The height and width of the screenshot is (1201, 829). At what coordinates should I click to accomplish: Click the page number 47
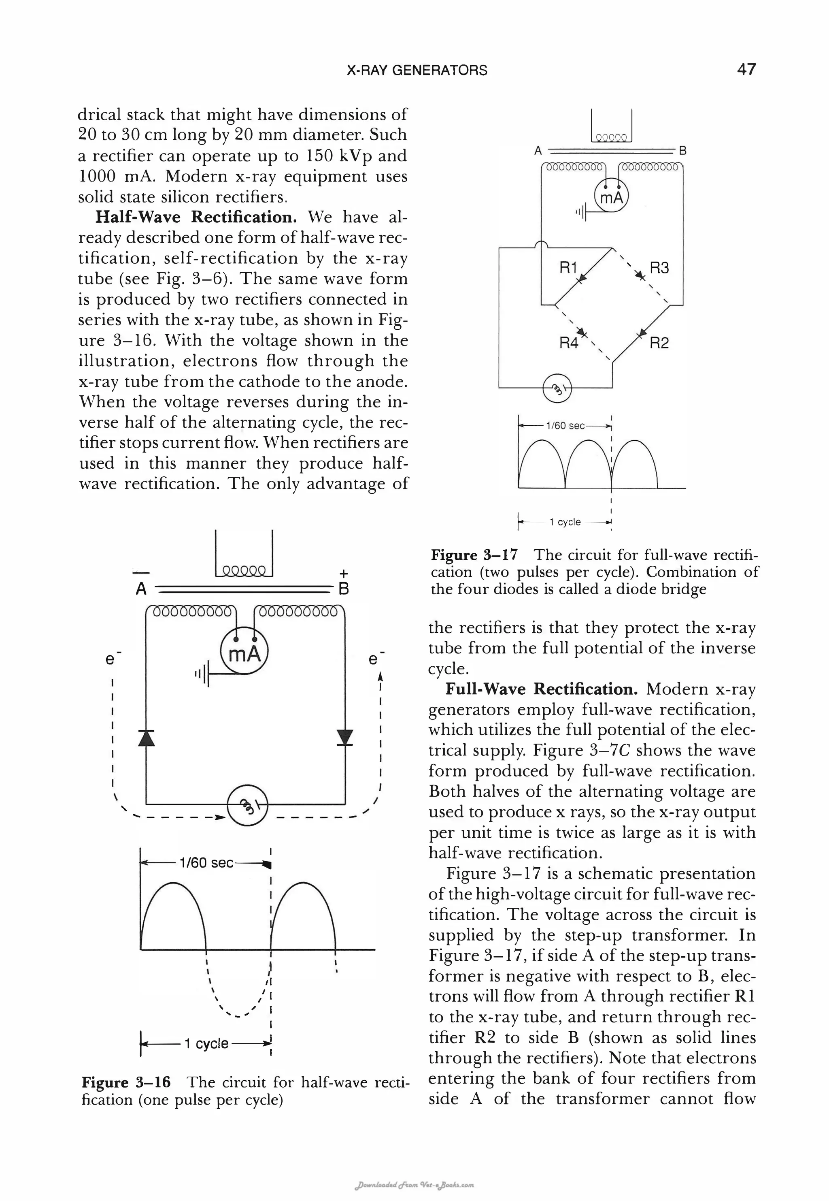point(746,69)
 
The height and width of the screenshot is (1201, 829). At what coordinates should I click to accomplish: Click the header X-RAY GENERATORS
point(417,70)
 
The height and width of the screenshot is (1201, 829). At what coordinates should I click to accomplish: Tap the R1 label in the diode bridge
point(568,268)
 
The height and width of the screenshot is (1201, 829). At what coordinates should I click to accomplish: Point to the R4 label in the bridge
point(568,343)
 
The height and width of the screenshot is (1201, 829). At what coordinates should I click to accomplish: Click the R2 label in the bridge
point(659,343)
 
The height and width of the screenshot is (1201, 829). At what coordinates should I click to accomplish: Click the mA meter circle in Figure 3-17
point(611,197)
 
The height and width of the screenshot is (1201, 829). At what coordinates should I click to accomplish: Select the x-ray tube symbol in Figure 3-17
point(556,388)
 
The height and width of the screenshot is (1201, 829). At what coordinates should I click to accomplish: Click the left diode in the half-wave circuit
point(147,738)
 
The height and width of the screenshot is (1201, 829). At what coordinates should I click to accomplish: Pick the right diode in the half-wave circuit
point(344,738)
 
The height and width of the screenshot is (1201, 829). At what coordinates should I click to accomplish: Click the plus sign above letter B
point(343,573)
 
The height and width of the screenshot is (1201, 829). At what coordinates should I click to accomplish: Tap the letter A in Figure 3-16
point(141,589)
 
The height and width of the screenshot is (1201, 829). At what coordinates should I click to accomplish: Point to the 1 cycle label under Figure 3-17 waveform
point(565,522)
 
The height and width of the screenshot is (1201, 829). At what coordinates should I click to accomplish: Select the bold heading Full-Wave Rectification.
point(541,689)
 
